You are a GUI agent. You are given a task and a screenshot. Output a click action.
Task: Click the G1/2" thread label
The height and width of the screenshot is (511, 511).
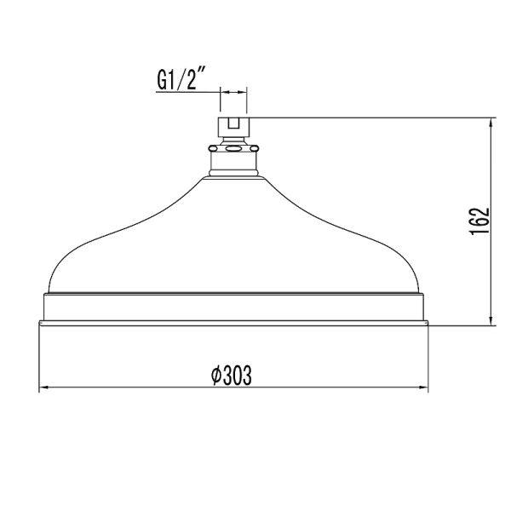(183, 81)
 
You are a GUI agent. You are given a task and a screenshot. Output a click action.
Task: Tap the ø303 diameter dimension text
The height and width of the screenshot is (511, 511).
(230, 375)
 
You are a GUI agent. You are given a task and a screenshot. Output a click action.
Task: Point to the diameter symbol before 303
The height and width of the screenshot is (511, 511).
(215, 375)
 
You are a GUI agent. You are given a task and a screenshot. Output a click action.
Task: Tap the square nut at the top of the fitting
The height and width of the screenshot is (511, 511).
(233, 128)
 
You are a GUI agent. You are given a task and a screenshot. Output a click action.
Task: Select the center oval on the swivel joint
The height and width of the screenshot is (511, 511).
(233, 150)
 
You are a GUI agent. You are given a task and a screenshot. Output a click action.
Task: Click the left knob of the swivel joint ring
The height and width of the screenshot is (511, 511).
(210, 150)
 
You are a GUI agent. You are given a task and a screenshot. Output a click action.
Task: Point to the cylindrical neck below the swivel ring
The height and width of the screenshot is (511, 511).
(233, 165)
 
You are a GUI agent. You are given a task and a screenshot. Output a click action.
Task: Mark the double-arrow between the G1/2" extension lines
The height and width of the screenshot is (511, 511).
(233, 89)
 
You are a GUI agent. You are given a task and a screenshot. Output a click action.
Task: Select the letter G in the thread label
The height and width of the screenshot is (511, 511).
(163, 81)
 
